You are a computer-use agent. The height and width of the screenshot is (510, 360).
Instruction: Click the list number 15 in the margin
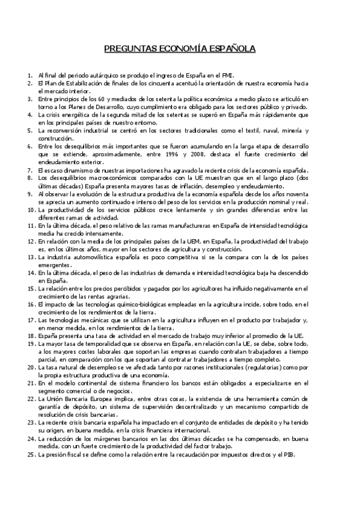coord(30,287)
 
